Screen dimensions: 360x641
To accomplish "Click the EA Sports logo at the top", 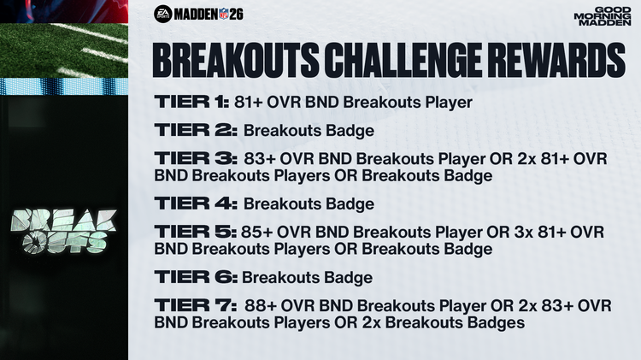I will pyautogui.click(x=163, y=14).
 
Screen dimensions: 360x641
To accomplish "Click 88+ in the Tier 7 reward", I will pyautogui.click(x=260, y=306).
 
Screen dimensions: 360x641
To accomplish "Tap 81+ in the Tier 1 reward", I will pyautogui.click(x=251, y=103).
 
